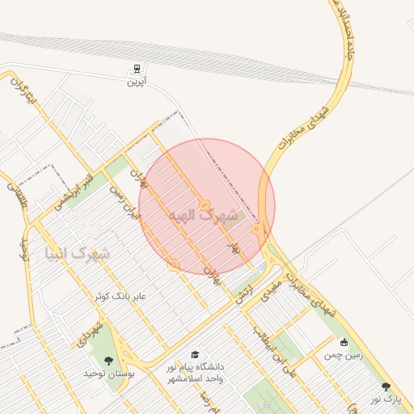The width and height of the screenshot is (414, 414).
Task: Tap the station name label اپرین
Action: (136, 82)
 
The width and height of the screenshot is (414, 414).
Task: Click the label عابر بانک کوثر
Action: (118, 297)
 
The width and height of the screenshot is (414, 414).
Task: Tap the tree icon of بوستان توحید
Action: (109, 361)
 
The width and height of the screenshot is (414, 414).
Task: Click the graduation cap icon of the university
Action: (194, 354)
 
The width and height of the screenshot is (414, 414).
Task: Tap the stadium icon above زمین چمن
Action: (345, 342)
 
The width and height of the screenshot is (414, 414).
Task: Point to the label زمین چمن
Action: (344, 354)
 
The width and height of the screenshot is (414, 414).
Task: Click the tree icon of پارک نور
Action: (386, 387)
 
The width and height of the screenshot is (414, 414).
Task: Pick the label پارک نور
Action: (387, 399)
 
